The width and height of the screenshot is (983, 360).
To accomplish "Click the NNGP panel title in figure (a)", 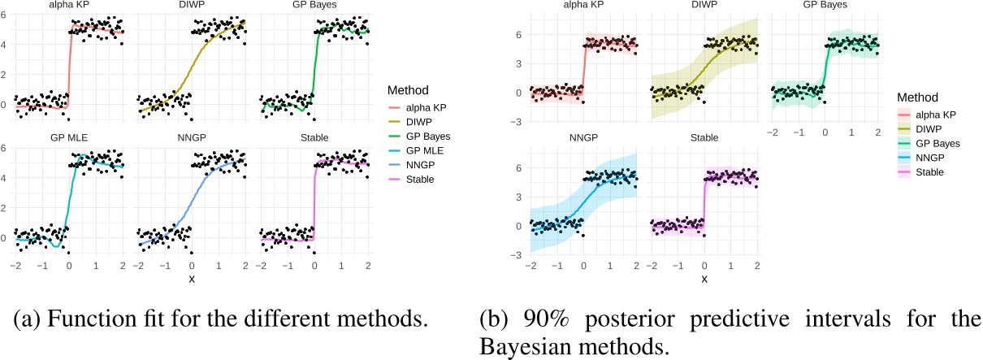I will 192,137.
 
